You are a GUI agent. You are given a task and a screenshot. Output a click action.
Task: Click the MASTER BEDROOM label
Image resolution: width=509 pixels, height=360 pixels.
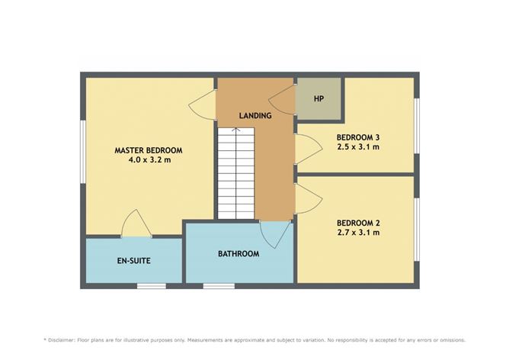pos(149,150)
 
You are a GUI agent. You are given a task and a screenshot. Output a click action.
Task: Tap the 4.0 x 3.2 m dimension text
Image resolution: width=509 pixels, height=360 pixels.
pos(149,160)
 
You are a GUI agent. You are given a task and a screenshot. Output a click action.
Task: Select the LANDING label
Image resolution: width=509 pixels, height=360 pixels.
pos(255,115)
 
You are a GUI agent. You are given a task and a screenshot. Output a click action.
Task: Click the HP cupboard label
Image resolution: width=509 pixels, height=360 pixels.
pos(319,99)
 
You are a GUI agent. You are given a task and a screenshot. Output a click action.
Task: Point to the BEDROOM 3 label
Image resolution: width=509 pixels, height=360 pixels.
pos(358,137)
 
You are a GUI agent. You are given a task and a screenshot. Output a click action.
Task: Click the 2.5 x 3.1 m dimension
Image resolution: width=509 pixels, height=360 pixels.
pos(358,147)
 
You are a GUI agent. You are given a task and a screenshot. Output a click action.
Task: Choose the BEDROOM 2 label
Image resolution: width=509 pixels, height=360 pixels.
pos(358,223)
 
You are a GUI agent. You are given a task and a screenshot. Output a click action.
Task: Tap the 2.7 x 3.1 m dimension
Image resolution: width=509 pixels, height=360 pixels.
pos(358,233)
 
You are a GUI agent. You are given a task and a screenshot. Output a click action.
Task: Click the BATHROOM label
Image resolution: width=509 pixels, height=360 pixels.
pos(238,254)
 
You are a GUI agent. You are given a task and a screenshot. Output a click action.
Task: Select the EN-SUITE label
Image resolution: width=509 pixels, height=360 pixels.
pos(134,261)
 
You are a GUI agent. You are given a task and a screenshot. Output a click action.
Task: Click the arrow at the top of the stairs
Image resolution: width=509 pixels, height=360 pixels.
pos(236,130)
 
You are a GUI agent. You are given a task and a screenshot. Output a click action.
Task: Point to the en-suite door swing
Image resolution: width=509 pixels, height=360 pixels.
pos(136,223)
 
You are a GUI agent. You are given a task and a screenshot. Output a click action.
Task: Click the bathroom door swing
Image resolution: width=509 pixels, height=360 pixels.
pos(274,235)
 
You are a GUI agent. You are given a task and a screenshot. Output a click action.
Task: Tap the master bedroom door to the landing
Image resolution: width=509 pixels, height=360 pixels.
pos(202,104)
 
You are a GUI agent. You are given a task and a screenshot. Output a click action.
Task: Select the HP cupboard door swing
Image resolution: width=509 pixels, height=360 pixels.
pos(282,99)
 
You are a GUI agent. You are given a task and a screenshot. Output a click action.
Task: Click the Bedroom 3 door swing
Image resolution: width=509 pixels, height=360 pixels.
pos(309,149)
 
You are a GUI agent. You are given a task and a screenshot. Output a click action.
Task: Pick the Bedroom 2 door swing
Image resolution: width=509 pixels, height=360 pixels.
pos(309,198)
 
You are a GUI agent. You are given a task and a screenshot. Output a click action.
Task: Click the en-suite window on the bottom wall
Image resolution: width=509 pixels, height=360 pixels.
pos(152,286)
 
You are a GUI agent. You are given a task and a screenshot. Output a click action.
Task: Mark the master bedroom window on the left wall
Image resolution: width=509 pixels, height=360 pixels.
pos(83,152)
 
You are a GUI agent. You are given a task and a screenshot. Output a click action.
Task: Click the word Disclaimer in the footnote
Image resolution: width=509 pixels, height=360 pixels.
pos(62,340)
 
